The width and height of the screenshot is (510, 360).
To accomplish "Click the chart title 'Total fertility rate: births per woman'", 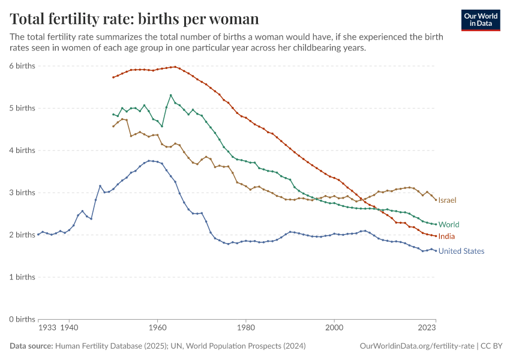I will tap(134, 19).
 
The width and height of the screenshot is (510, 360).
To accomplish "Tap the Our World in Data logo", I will tap(481, 20).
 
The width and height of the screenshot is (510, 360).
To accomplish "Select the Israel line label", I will tap(448, 200).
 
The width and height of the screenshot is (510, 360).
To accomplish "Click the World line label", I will tap(449, 224).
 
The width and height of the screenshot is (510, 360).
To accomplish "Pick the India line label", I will tap(446, 236).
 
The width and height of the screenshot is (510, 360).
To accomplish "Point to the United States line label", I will tap(461, 251).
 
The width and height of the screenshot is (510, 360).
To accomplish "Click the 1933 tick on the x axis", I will tap(47, 328).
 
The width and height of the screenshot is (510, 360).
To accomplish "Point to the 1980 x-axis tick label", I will tap(245, 328).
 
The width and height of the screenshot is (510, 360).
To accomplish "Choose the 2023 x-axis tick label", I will tap(427, 328).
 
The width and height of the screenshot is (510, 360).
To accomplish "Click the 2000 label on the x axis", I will tap(334, 328).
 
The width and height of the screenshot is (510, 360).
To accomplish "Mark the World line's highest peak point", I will tap(171, 95).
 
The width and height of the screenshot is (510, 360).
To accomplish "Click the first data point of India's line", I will tap(113, 77).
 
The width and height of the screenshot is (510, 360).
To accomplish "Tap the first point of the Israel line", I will tap(113, 126).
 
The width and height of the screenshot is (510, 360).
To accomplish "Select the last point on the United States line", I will tap(436, 250).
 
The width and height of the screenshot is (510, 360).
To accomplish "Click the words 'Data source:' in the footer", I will tap(31, 346).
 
